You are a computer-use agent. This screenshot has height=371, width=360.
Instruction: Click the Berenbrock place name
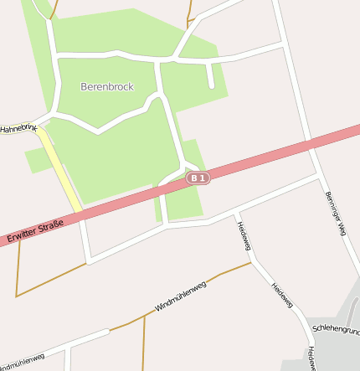[107, 86]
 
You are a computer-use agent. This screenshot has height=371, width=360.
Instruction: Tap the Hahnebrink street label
[18, 128]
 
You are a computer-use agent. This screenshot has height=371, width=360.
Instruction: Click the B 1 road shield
[198, 178]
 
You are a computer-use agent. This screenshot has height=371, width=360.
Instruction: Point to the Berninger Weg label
[335, 214]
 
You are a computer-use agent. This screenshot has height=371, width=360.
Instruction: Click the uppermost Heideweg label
[243, 237]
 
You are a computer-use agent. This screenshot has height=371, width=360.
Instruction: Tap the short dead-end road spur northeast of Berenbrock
[209, 76]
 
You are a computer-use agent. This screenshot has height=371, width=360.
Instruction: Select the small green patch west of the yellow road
[37, 160]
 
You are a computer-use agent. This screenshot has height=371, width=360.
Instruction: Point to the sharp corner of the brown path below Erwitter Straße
[17, 296]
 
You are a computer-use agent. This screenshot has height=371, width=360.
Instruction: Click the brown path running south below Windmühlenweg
[143, 343]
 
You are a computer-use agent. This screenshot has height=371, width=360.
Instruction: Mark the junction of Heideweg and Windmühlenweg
[251, 263]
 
